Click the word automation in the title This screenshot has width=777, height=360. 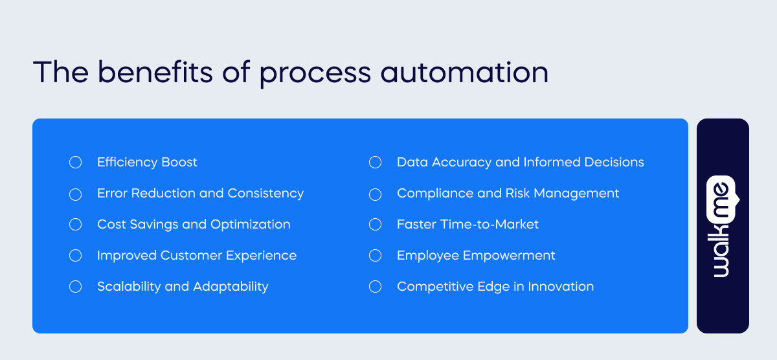(x=464, y=73)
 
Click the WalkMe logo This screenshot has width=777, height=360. (x=723, y=226)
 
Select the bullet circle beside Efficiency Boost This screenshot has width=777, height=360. (x=75, y=162)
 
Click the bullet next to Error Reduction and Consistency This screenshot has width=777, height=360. (x=75, y=193)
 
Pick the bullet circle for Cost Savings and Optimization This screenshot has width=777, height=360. (x=75, y=224)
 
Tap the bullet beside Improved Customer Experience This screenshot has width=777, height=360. (x=75, y=255)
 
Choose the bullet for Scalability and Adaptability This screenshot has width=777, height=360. (x=75, y=286)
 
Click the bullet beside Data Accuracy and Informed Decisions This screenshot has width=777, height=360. (x=375, y=162)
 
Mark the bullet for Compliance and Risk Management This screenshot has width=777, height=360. (x=375, y=193)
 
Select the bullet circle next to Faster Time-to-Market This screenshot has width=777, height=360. (x=375, y=224)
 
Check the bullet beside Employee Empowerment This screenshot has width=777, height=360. (x=375, y=255)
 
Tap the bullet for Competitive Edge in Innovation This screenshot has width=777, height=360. (x=375, y=286)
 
